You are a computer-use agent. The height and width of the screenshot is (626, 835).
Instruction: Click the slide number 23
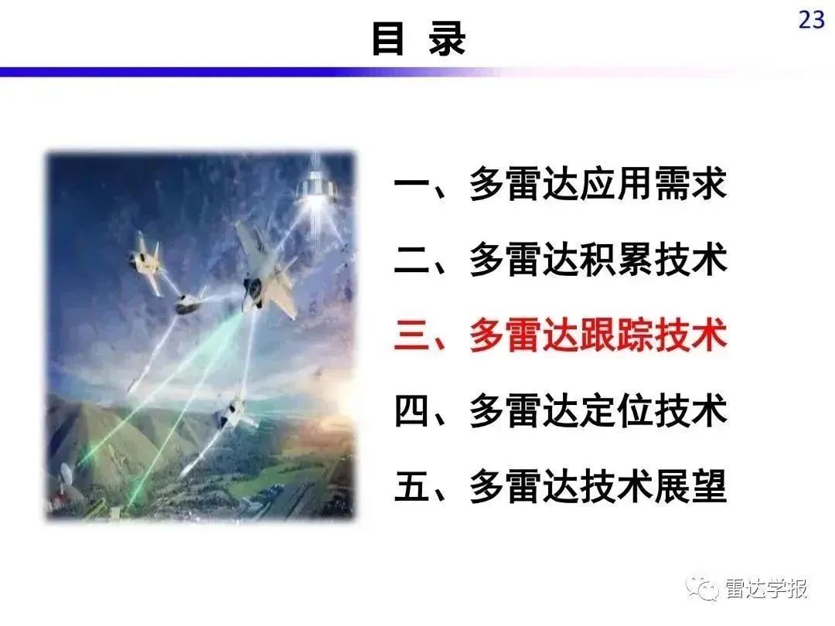[x=812, y=19]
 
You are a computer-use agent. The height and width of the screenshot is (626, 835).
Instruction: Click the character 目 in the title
[x=387, y=39]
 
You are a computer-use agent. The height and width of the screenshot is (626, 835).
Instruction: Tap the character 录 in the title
[x=448, y=39]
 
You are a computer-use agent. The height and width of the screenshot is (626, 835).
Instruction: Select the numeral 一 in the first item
[x=411, y=184]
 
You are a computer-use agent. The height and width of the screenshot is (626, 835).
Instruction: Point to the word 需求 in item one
[x=691, y=184]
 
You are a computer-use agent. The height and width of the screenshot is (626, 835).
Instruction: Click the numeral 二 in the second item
[x=411, y=260]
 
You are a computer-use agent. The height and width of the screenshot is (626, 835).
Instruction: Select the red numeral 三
[x=411, y=335]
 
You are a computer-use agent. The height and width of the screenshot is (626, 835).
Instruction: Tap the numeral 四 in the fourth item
[x=411, y=411]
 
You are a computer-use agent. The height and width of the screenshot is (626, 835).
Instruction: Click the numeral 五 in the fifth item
[x=411, y=486]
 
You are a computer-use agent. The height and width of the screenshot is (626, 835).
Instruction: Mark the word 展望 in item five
[x=691, y=486]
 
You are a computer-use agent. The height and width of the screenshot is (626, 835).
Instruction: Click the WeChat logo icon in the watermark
[x=702, y=587]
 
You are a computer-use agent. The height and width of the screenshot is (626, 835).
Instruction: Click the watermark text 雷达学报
[x=766, y=589]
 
